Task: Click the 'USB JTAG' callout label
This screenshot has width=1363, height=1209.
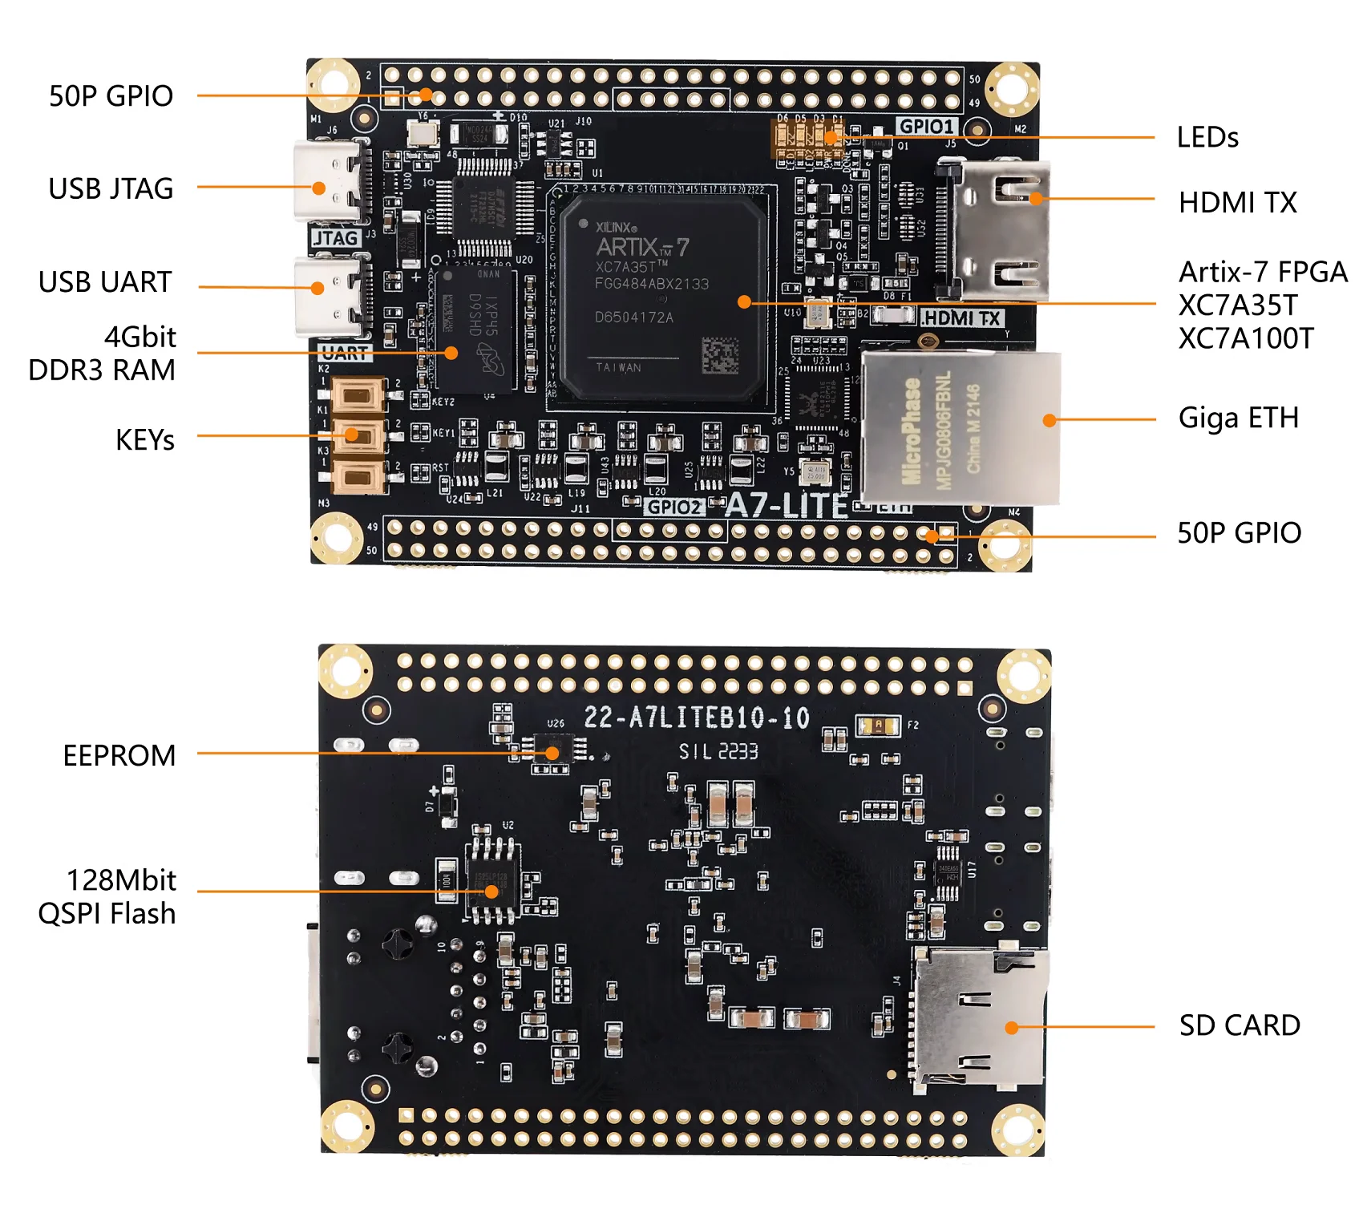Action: click(x=111, y=189)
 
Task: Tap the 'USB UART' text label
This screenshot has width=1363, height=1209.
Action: click(x=105, y=282)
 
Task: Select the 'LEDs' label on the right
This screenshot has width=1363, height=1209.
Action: click(x=1207, y=138)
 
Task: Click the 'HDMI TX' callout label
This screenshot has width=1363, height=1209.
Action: click(x=1237, y=203)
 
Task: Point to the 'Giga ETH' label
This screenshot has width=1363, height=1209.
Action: click(x=1238, y=418)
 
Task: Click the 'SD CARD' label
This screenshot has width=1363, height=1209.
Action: click(x=1239, y=1025)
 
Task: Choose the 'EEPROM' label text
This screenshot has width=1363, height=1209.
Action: click(x=119, y=756)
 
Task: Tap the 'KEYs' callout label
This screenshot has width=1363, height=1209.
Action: click(x=144, y=440)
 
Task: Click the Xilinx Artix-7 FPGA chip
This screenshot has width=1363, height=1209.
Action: click(x=662, y=297)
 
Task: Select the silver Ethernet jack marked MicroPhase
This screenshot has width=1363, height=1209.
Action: click(x=960, y=428)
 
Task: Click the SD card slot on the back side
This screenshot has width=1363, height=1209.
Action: click(x=978, y=1018)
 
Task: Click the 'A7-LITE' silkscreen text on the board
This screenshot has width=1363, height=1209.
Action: click(x=787, y=506)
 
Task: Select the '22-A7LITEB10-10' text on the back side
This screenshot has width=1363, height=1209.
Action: click(x=696, y=718)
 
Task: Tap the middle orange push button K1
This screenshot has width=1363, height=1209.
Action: click(x=358, y=436)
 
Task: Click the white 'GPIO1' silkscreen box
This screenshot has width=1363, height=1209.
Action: click(x=927, y=127)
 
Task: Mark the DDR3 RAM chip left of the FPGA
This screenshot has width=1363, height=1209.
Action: click(x=475, y=330)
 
